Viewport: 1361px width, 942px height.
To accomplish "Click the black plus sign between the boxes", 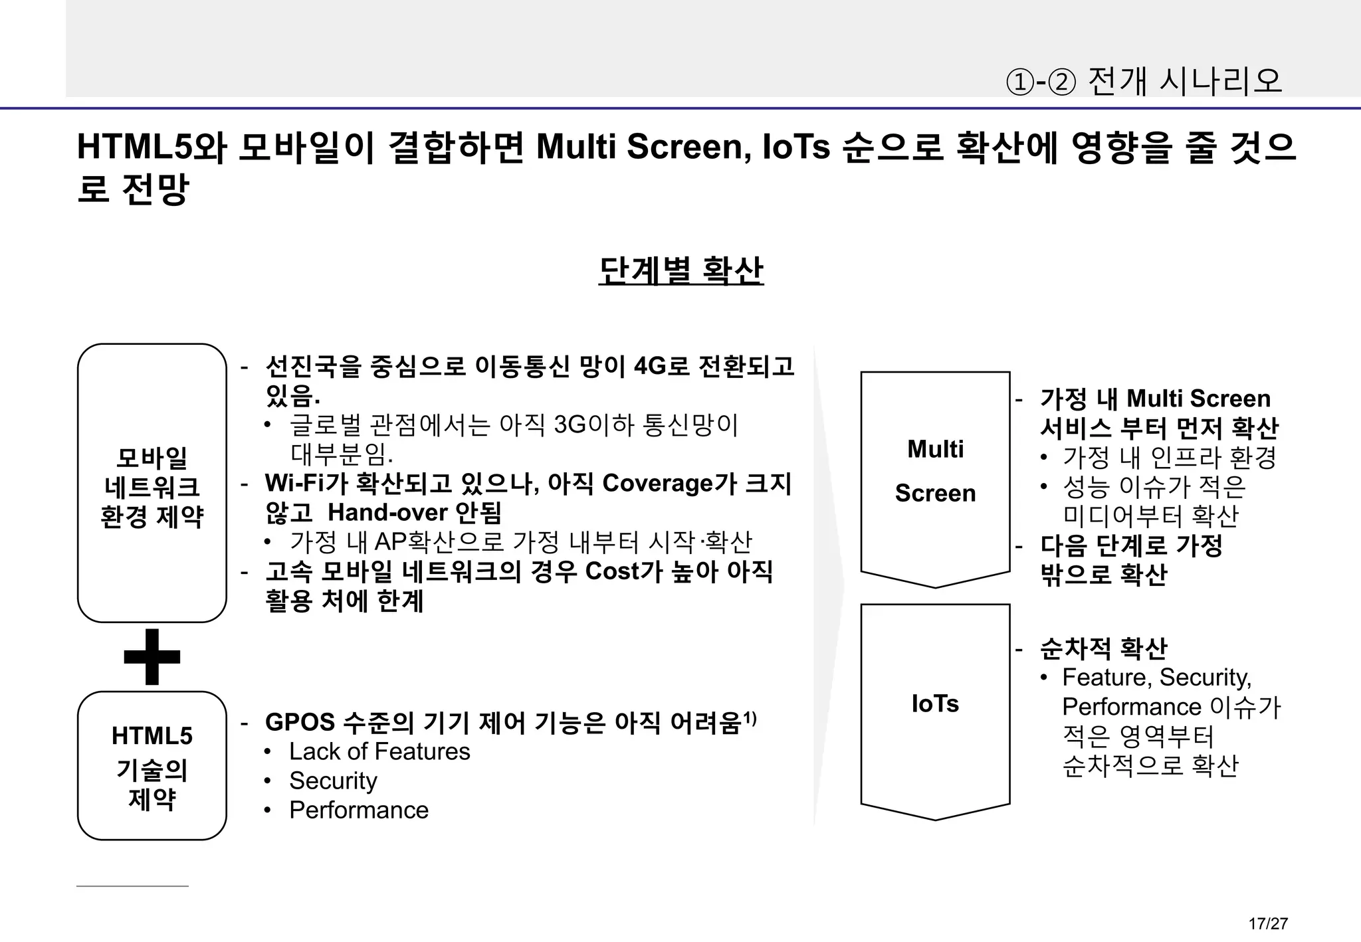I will coord(152,656).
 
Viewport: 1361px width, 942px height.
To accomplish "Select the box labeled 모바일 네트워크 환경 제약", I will coord(152,483).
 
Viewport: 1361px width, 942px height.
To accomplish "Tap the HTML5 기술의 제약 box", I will coord(152,765).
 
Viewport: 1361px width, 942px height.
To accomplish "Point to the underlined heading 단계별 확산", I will coord(680,271).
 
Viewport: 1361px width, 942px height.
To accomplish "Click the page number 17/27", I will coord(1268,923).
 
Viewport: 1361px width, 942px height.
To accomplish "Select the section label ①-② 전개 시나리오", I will coord(1143,81).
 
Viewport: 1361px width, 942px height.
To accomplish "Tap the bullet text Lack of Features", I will coord(379,751).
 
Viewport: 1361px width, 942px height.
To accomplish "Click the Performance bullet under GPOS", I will coord(359,810).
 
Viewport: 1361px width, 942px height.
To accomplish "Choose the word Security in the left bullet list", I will coord(333,781).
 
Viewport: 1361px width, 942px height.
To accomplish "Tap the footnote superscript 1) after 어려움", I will coord(749,717).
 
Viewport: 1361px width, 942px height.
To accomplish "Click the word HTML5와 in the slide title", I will coord(152,147).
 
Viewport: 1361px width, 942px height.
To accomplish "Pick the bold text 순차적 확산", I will coord(1103,648).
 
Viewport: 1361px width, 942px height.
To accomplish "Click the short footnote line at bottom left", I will coord(132,886).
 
